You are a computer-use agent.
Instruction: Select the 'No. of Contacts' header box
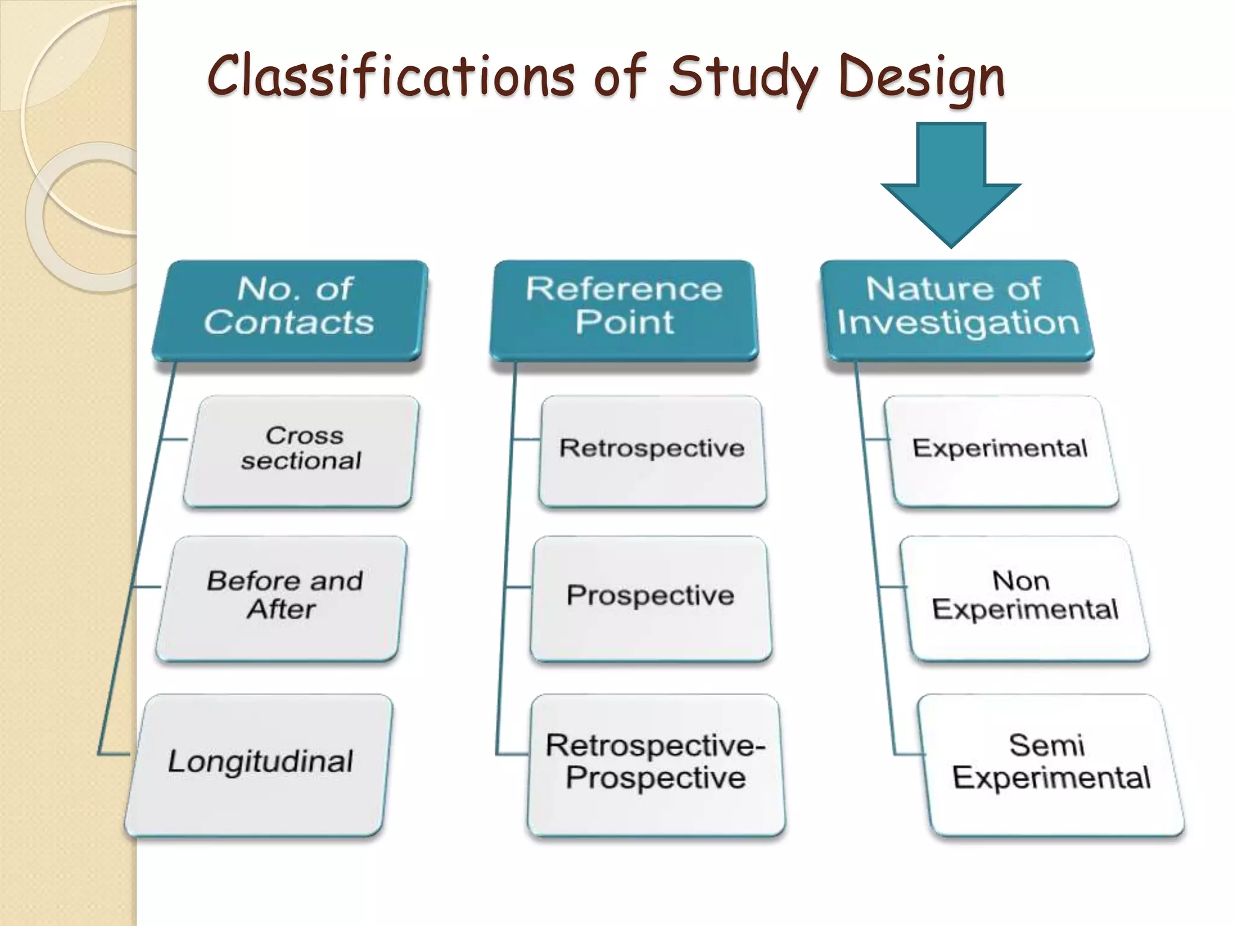(290, 310)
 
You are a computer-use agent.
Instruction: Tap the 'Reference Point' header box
(624, 310)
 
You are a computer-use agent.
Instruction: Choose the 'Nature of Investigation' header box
(957, 310)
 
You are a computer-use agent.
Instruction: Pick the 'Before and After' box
(282, 598)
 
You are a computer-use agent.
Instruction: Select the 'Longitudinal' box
(259, 764)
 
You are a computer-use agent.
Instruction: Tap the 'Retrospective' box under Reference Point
(652, 451)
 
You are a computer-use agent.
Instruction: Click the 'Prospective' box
(651, 598)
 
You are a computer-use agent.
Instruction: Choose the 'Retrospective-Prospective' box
(656, 764)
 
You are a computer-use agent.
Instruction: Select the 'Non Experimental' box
(1024, 598)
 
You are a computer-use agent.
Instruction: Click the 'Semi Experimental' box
(1051, 764)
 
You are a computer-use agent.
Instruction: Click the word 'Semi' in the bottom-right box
(1047, 746)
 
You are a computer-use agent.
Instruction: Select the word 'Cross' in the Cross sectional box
(304, 435)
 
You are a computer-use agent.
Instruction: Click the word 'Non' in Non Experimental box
(1021, 581)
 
